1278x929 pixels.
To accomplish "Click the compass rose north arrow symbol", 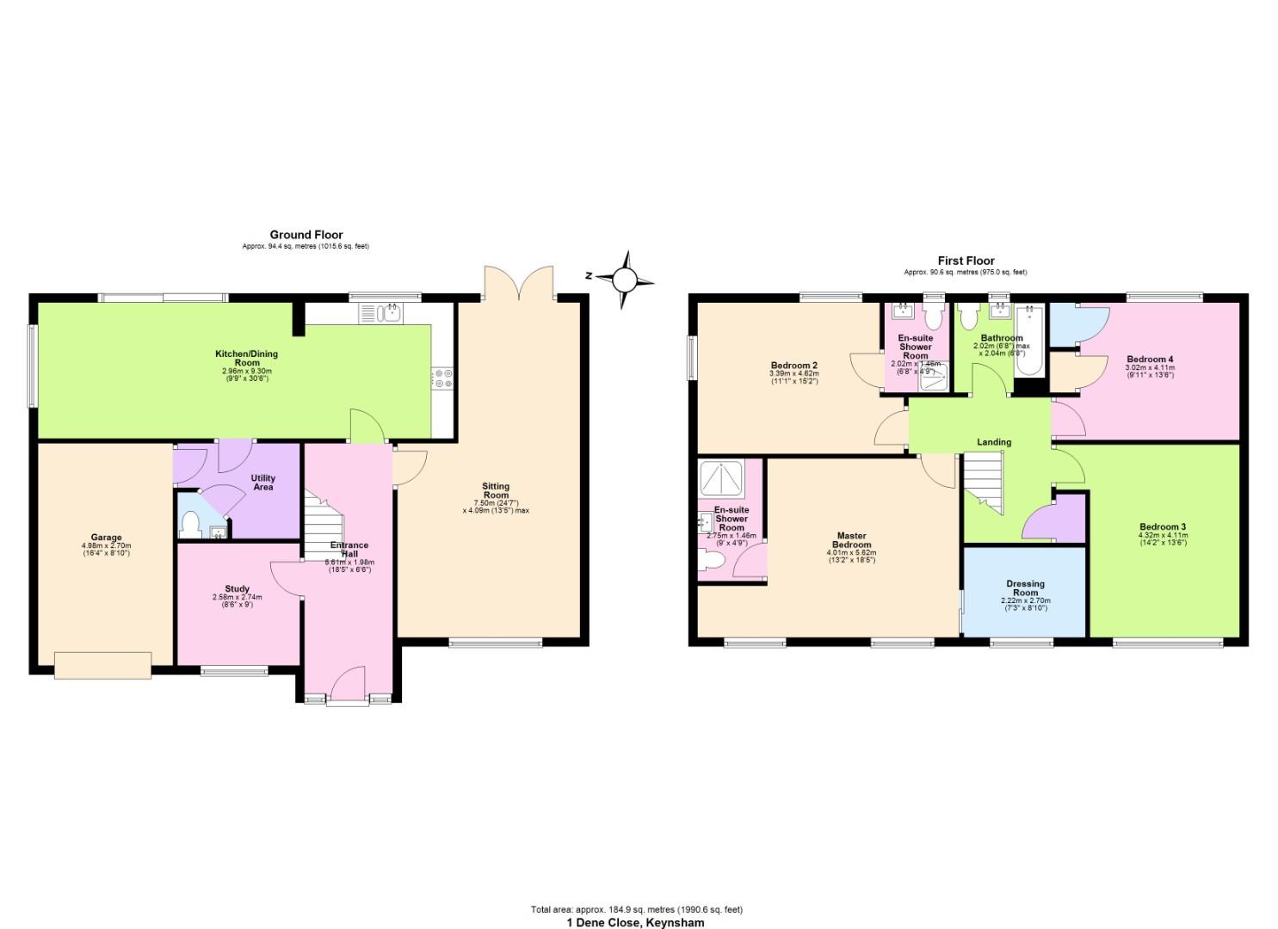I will click(x=625, y=279).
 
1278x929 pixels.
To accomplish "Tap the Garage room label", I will click(x=107, y=538).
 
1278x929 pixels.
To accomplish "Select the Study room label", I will click(x=237, y=589).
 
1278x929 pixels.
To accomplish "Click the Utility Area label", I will click(x=263, y=483).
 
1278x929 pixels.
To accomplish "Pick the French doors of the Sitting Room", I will click(x=519, y=282).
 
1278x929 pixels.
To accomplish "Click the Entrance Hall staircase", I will click(x=324, y=524).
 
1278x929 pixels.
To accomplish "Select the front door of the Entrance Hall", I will click(x=348, y=686).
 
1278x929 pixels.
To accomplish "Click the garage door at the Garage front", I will click(x=102, y=665).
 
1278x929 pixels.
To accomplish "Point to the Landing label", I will click(x=993, y=442).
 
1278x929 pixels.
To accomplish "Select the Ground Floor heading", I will click(x=306, y=235).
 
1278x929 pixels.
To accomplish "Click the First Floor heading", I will click(x=966, y=261).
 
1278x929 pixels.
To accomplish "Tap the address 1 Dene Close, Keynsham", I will click(x=635, y=923).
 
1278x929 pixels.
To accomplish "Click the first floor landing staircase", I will click(x=983, y=482).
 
